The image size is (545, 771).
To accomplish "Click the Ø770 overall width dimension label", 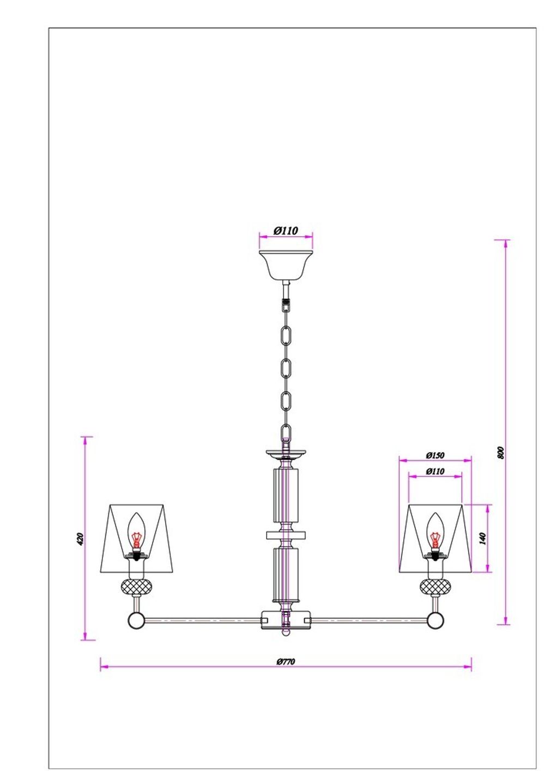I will click(285, 662).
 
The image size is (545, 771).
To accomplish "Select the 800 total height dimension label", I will click(501, 452).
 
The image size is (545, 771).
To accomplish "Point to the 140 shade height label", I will click(482, 539).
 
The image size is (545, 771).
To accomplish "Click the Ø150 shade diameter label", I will click(435, 455).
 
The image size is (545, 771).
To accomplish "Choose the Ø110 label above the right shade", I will click(435, 471).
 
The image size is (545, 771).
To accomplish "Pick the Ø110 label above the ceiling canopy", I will click(286, 231).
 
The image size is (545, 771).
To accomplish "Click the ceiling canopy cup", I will click(286, 264).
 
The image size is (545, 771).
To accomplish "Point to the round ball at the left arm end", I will click(135, 620).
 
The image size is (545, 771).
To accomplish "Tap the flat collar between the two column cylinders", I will click(286, 535).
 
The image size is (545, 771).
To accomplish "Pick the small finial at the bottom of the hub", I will click(286, 633).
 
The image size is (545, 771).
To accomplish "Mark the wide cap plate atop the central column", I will click(286, 453).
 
